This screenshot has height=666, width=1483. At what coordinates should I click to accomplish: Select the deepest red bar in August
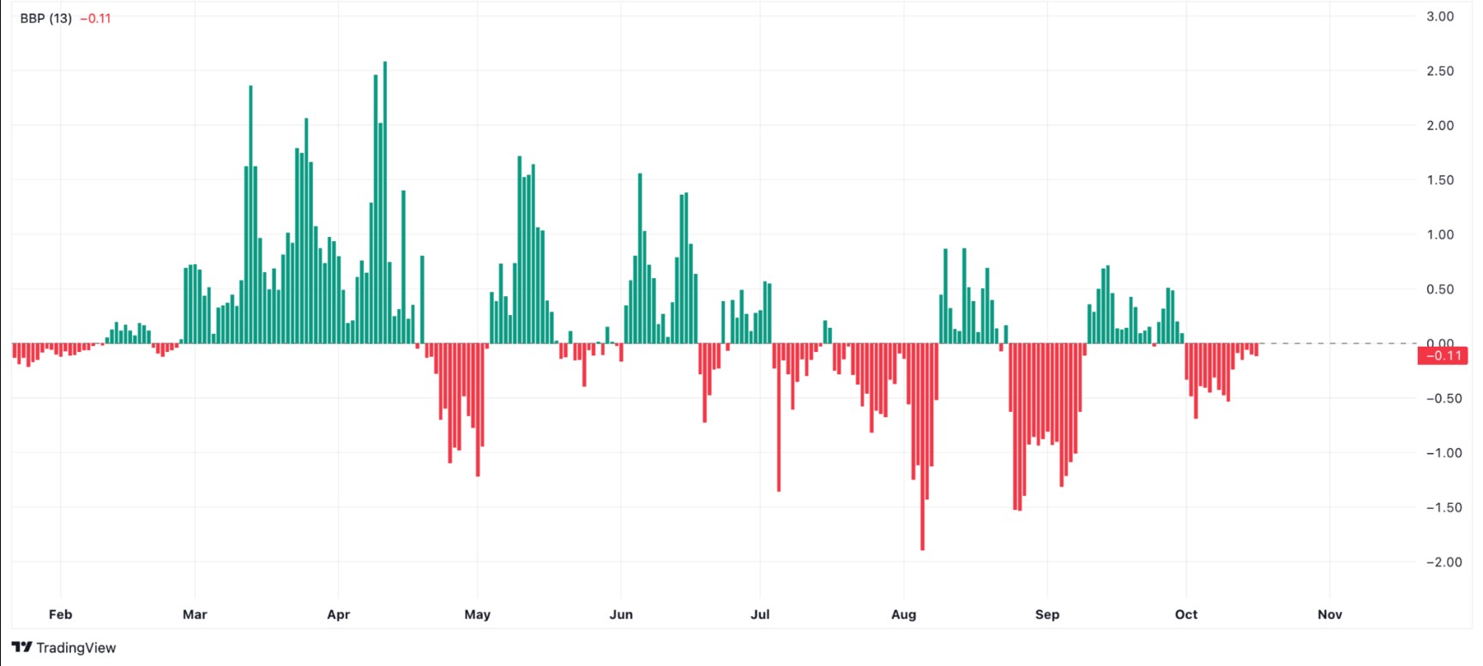pyautogui.click(x=922, y=446)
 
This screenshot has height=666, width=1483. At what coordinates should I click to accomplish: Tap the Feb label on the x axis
pyautogui.click(x=60, y=615)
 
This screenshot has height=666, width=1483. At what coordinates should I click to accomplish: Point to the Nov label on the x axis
pyautogui.click(x=1329, y=615)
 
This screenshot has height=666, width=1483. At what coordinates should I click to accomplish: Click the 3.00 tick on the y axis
pyautogui.click(x=1440, y=16)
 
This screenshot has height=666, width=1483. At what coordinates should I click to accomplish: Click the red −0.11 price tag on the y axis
pyautogui.click(x=1444, y=355)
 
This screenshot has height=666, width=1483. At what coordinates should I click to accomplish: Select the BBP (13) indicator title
pyautogui.click(x=45, y=18)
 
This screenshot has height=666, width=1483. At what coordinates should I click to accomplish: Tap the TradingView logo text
pyautogui.click(x=75, y=648)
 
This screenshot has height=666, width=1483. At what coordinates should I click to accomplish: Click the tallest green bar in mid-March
pyautogui.click(x=250, y=215)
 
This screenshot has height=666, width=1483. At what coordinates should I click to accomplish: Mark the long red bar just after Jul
pyautogui.click(x=779, y=417)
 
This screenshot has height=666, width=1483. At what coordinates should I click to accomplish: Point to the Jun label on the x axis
pyautogui.click(x=621, y=615)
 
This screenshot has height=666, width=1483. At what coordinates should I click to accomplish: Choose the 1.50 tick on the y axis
pyautogui.click(x=1440, y=180)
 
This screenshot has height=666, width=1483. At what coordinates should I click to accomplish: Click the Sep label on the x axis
pyautogui.click(x=1047, y=615)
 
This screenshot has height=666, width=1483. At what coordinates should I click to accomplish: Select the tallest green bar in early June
pyautogui.click(x=640, y=257)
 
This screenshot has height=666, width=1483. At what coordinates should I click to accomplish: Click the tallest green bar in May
pyautogui.click(x=520, y=249)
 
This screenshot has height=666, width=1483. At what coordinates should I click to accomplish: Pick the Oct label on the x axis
pyautogui.click(x=1186, y=615)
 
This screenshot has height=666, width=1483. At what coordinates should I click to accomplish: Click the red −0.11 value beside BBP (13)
pyautogui.click(x=95, y=18)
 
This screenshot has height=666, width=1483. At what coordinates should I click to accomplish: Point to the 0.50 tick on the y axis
pyautogui.click(x=1440, y=289)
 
